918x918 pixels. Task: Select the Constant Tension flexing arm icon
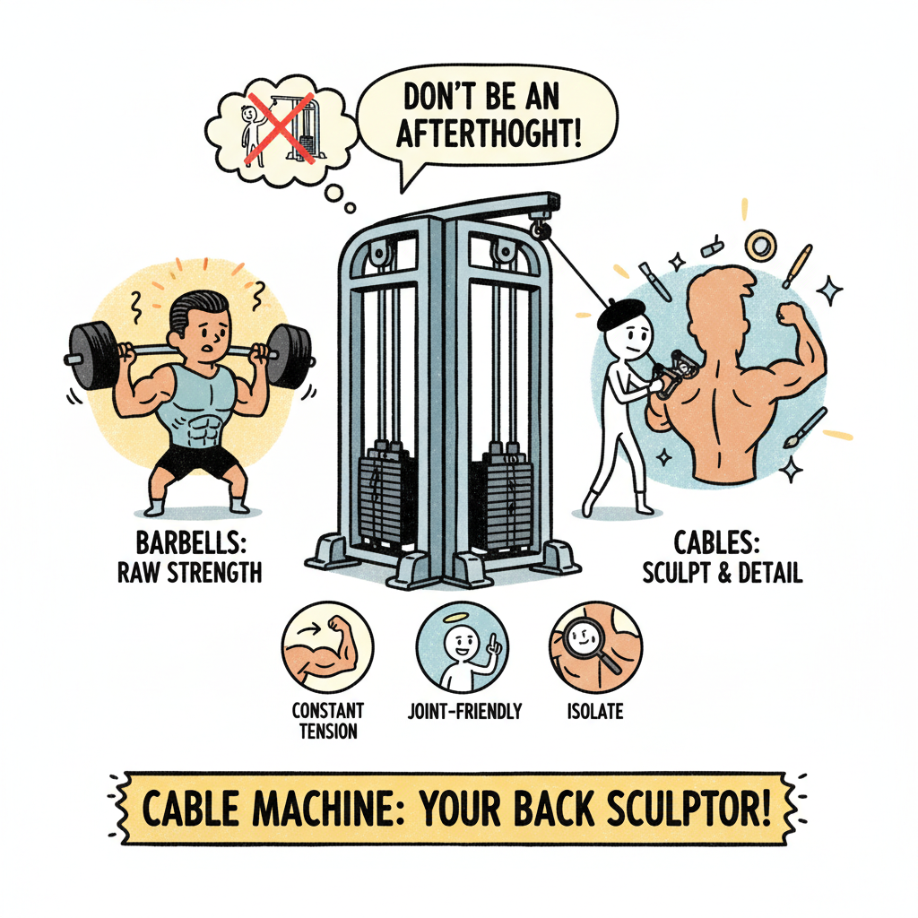(327, 647)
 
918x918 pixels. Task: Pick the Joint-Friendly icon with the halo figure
(462, 647)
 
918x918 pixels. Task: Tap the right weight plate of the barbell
(289, 356)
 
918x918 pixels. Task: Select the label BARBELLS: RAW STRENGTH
(189, 557)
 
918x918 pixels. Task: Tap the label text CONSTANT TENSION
(327, 721)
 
